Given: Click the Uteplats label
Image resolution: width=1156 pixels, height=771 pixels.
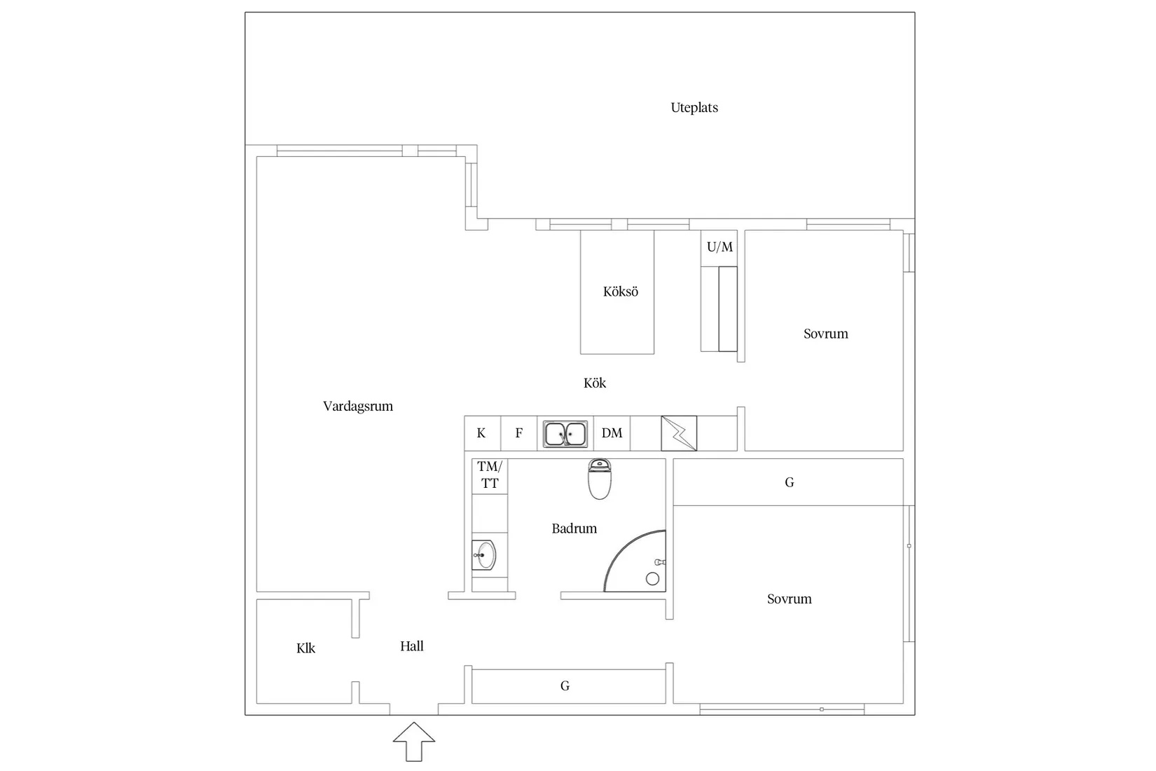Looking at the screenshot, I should (694, 108).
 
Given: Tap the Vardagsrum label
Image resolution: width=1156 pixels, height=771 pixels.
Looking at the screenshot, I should (358, 407).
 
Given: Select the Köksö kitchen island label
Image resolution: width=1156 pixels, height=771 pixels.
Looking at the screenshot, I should (621, 292).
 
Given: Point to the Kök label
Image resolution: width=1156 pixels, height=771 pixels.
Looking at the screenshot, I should (595, 383).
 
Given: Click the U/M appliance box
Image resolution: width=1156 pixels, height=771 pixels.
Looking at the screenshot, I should (720, 247).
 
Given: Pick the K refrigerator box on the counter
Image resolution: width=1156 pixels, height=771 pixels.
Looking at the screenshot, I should (482, 433).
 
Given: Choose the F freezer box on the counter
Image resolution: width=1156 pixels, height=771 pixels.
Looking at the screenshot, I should (519, 433).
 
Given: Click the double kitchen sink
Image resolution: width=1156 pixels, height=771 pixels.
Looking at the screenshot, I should (566, 434).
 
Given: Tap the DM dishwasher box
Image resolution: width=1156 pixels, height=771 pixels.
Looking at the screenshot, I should (612, 433).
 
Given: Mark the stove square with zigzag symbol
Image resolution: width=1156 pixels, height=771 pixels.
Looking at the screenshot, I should (679, 433).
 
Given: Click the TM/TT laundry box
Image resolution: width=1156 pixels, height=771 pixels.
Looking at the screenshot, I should (490, 475).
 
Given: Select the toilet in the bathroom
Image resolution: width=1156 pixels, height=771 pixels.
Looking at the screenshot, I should (599, 479).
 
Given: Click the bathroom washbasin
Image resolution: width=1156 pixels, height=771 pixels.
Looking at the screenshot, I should (484, 555).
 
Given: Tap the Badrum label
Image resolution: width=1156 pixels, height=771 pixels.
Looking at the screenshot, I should (574, 529).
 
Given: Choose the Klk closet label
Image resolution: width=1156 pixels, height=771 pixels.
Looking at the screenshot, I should (306, 649).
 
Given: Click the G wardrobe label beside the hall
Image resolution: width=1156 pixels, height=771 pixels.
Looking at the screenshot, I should (565, 686).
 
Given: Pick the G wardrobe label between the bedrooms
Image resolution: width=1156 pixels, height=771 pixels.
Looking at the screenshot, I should (790, 482).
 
